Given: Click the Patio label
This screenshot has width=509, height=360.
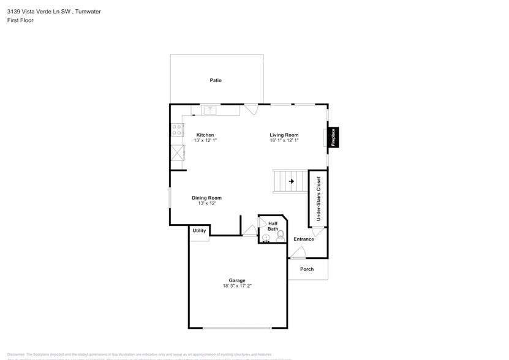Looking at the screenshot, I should pyautogui.click(x=216, y=80).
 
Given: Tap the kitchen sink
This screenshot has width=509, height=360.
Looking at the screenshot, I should pyautogui.click(x=210, y=110).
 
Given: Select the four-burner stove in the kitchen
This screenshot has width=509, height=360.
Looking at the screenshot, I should pyautogui.click(x=176, y=130).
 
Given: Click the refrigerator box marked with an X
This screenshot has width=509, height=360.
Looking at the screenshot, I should pyautogui.click(x=177, y=152).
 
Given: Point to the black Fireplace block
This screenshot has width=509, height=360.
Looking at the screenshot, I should pyautogui.click(x=334, y=137).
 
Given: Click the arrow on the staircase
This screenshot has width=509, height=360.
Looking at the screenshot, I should pyautogui.click(x=292, y=181).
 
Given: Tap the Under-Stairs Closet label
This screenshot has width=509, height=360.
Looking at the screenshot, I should pyautogui.click(x=318, y=200).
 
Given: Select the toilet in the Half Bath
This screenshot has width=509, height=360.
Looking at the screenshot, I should pyautogui.click(x=281, y=236).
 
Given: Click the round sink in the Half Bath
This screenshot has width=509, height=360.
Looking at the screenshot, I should pyautogui.click(x=266, y=238).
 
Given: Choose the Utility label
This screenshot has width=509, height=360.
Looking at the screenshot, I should pyautogui.click(x=200, y=231).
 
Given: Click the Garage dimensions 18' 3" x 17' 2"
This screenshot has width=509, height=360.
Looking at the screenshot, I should pyautogui.click(x=237, y=286).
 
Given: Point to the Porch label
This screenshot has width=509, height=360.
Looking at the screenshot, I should pyautogui.click(x=307, y=269).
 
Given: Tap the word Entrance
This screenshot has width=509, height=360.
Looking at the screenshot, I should pyautogui.click(x=303, y=239).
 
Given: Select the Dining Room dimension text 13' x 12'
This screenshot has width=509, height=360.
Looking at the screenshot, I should pyautogui.click(x=206, y=203).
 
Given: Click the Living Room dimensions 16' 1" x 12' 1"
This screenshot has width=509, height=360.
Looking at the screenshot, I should pyautogui.click(x=284, y=140).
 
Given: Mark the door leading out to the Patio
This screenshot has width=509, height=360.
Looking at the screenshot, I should pyautogui.click(x=251, y=109).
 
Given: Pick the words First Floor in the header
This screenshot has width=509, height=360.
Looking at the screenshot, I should pyautogui.click(x=21, y=20).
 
